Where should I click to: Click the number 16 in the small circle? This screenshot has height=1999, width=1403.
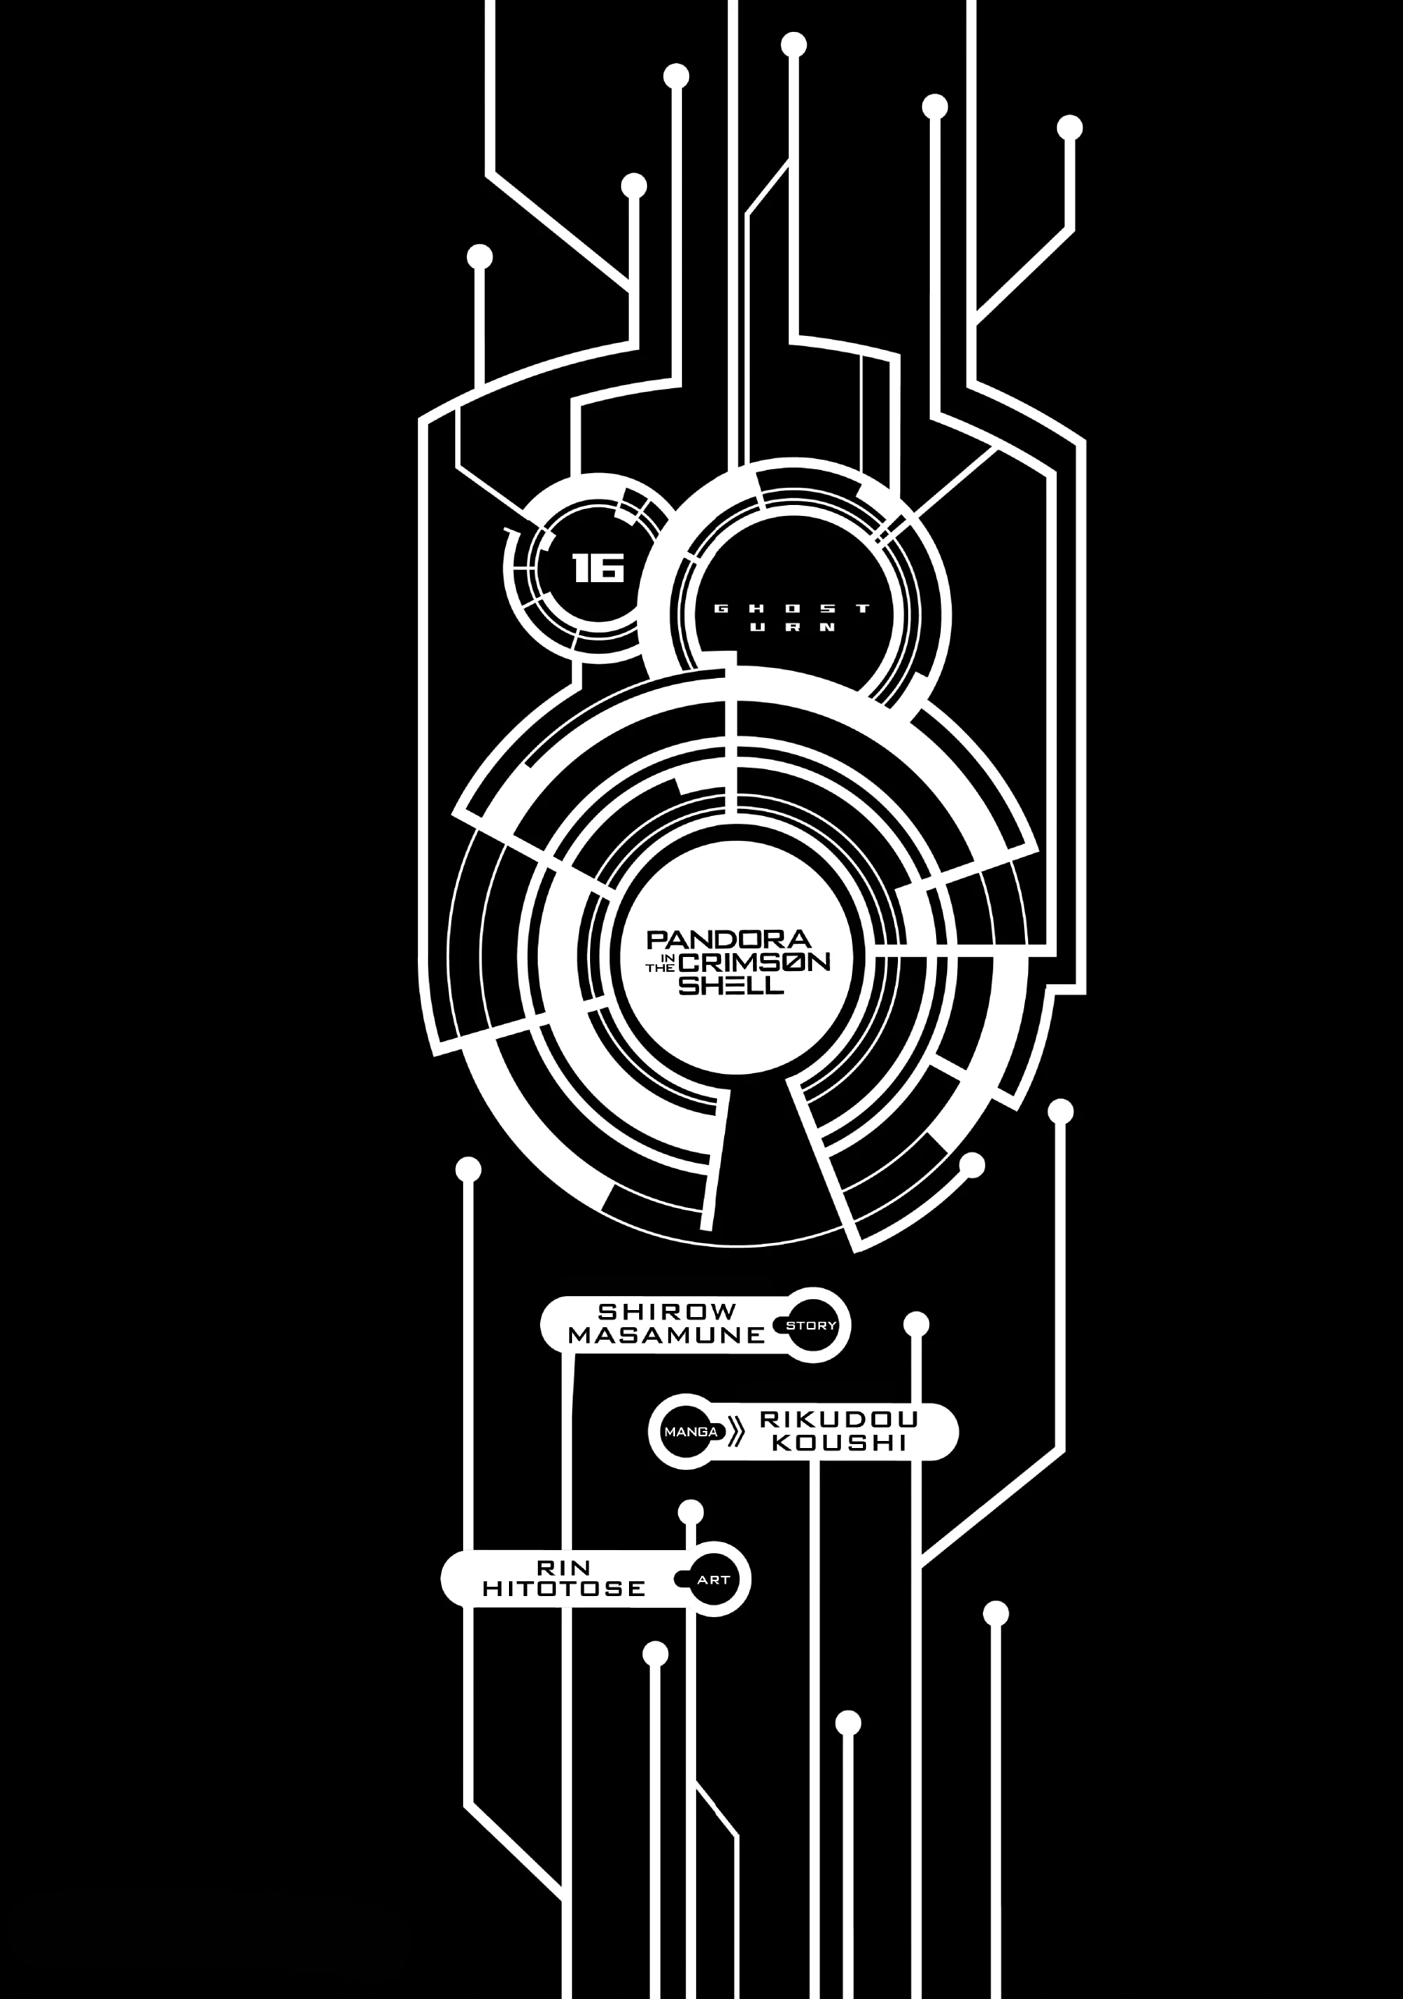(x=599, y=569)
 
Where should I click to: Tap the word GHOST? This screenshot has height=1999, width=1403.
(x=792, y=609)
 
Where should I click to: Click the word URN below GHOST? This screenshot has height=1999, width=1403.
(x=792, y=627)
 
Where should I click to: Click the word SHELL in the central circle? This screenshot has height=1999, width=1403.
(x=730, y=985)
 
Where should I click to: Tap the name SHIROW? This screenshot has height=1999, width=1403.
(x=667, y=1311)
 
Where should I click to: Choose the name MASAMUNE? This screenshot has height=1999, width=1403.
(x=666, y=1335)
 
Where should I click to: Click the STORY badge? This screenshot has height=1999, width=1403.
(x=811, y=1325)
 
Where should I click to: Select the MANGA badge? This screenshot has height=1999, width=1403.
(x=691, y=1432)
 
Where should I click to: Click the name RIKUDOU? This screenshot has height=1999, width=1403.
(x=839, y=1419)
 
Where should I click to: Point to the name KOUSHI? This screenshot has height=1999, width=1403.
(x=839, y=1443)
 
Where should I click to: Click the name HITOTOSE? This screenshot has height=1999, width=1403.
(x=564, y=1588)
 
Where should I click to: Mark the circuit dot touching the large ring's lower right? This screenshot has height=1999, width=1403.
(x=971, y=1165)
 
